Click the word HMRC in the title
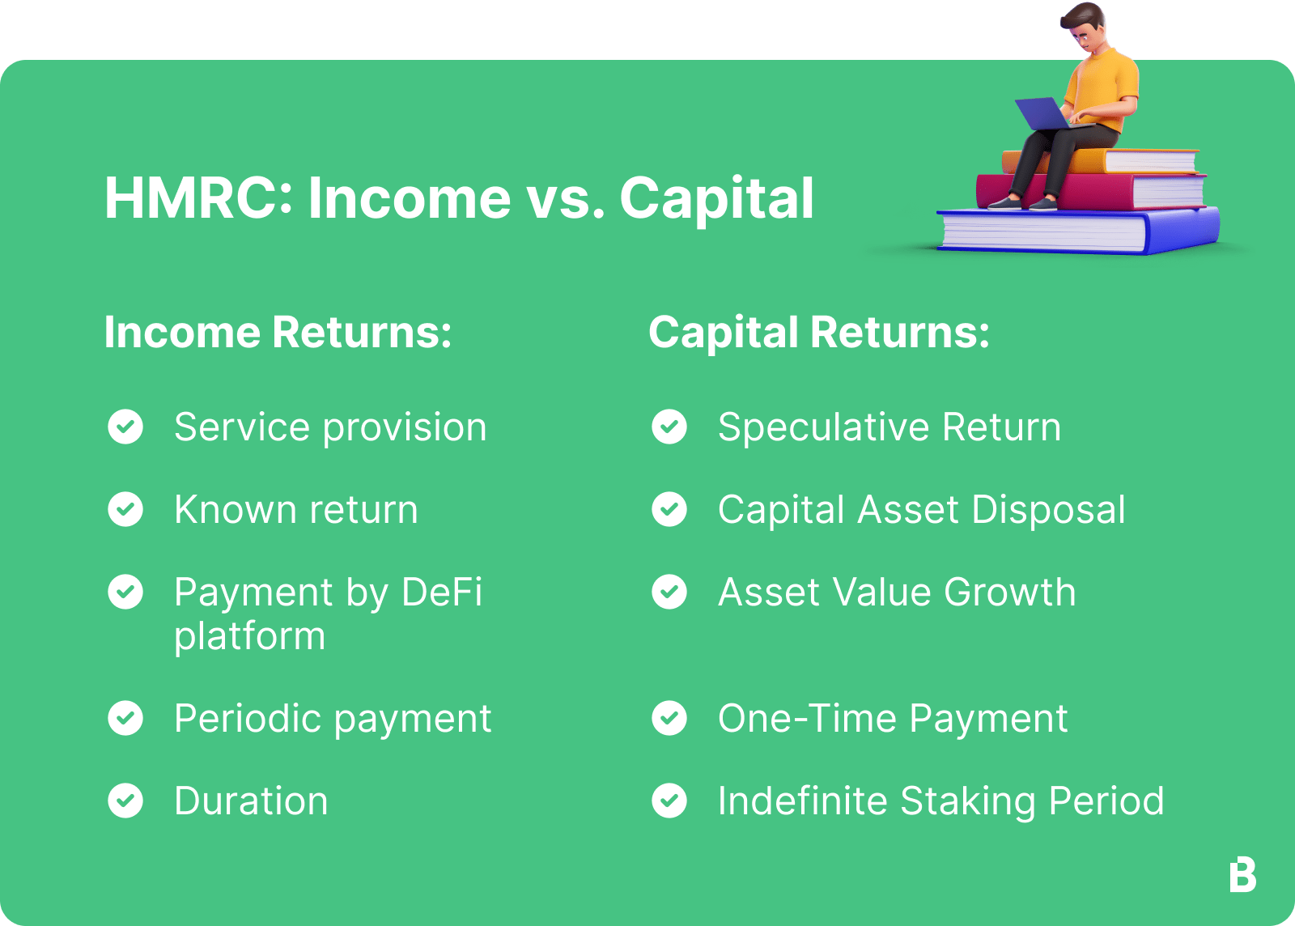(x=198, y=198)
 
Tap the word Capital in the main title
(x=716, y=198)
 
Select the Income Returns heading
(x=278, y=333)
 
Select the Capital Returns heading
(x=819, y=333)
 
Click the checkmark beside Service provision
(x=125, y=427)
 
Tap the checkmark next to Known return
(x=125, y=509)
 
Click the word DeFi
(x=442, y=592)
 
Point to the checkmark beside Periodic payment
(x=125, y=718)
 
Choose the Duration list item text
(x=251, y=801)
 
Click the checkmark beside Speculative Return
(x=669, y=427)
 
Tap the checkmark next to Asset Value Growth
(x=669, y=592)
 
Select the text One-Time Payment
(x=893, y=718)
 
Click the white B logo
(x=1242, y=875)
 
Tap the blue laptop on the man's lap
(x=1044, y=114)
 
